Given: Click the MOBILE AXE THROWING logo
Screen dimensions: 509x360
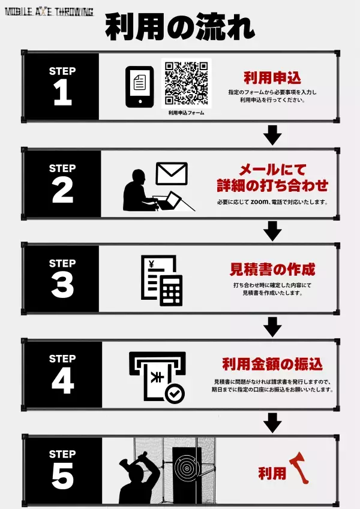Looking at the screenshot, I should [x=49, y=11].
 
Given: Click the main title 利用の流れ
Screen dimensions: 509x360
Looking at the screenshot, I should [x=180, y=28].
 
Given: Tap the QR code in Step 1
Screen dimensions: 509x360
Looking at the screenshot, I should [x=186, y=83].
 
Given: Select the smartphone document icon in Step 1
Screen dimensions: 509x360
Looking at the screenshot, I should [x=139, y=86].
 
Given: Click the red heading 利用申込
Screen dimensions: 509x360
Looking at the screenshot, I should [x=272, y=78].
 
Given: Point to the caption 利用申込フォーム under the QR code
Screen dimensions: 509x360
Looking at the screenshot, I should [x=186, y=112].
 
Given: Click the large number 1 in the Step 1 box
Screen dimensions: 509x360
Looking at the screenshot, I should [x=62, y=94].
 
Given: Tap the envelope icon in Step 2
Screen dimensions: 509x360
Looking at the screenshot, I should [x=172, y=173].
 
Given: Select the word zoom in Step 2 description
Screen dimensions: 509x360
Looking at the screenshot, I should [x=259, y=202].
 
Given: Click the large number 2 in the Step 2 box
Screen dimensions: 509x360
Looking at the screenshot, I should [x=62, y=191].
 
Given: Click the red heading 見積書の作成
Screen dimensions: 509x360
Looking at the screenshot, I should [x=272, y=269].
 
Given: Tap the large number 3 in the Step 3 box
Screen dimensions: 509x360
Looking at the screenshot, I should [x=62, y=286].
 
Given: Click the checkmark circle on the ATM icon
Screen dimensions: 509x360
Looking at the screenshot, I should [x=175, y=394].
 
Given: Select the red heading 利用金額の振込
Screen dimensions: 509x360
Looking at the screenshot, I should [x=272, y=364].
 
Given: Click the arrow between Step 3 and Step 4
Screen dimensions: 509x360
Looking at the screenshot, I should [x=273, y=326].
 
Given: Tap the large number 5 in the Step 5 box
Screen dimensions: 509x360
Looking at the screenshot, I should [x=62, y=477].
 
